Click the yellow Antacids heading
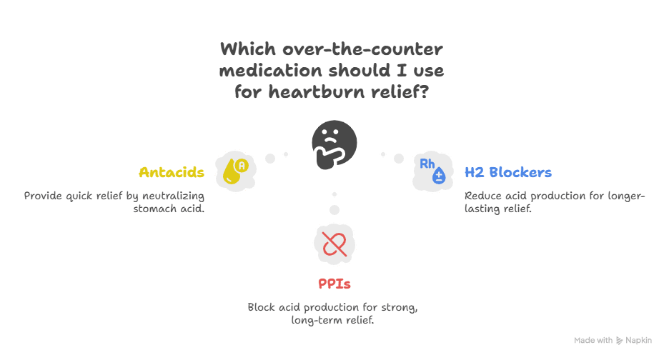(x=172, y=173)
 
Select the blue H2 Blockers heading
(x=507, y=173)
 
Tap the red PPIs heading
(x=334, y=284)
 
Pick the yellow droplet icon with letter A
(x=235, y=171)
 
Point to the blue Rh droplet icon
(x=433, y=171)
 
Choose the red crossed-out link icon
(x=334, y=243)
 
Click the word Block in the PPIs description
(x=262, y=307)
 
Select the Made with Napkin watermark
(x=613, y=340)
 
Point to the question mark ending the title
(x=423, y=92)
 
